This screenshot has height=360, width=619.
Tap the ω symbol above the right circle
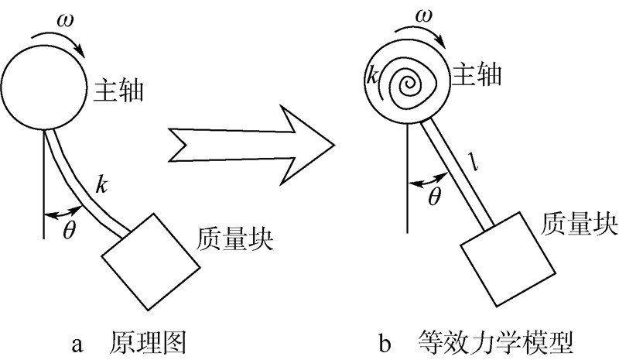(424, 16)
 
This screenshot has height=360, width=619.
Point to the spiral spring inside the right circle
(412, 81)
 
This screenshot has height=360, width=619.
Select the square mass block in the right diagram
(508, 263)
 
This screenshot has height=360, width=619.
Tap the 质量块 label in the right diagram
(580, 225)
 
